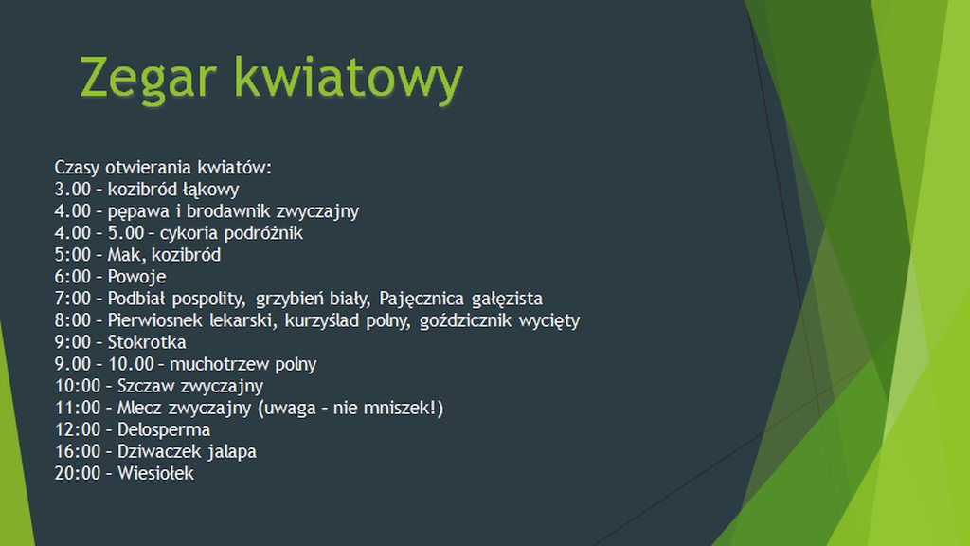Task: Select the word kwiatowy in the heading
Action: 349,78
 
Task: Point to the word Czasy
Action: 78,168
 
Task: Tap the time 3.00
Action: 72,189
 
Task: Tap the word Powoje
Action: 136,277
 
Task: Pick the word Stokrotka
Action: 147,341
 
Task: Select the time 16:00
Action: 78,451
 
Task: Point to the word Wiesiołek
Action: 155,473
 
